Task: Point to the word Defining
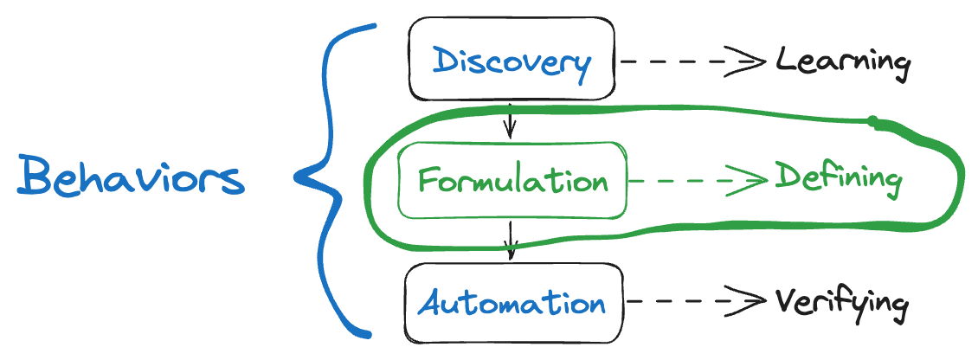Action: (x=839, y=179)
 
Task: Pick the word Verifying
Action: (x=841, y=305)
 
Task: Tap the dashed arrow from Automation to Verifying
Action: (x=698, y=302)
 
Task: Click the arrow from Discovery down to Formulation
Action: (x=510, y=120)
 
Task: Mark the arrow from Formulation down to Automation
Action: (x=512, y=240)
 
